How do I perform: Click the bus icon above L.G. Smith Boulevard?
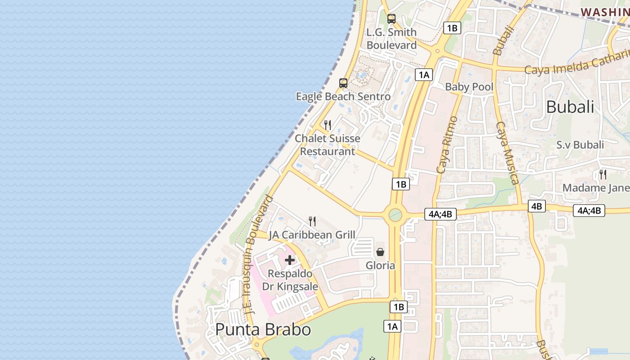point(391,19)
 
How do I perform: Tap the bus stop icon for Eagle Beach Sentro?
point(343,83)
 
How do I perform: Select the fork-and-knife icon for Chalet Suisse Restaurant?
point(328,125)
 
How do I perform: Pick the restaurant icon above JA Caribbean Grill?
point(312,221)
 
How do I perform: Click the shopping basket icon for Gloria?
point(380,252)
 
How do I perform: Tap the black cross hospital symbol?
point(290,260)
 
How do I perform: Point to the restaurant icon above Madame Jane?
point(603,174)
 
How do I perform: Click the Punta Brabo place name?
point(263,329)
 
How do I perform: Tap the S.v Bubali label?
point(580,145)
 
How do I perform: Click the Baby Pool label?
point(469,87)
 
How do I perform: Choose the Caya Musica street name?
point(508,153)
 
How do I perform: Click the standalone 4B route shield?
point(536,206)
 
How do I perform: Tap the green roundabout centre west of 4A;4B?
point(395,215)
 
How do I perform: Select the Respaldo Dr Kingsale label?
point(290,280)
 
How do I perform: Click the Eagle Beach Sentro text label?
point(343,96)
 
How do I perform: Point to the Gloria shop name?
point(380,265)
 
